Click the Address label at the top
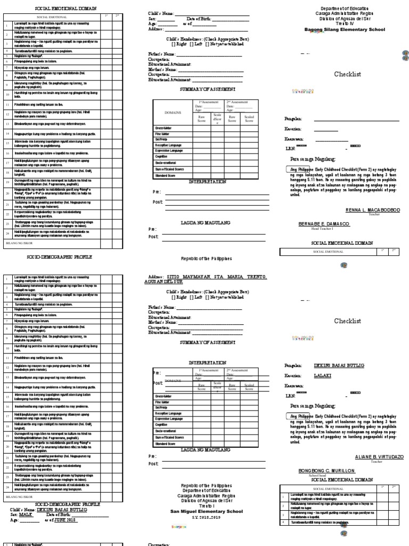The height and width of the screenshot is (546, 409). pos(156,29)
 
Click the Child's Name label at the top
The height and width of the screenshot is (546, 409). pos(160,13)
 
